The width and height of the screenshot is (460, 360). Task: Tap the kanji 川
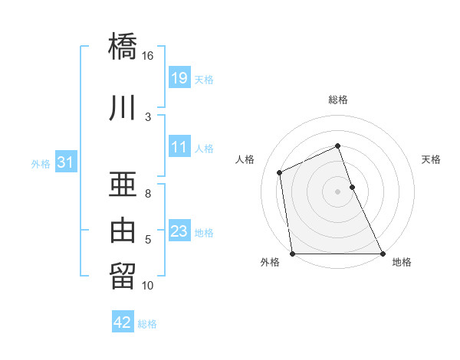123,108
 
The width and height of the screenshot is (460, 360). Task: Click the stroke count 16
147,56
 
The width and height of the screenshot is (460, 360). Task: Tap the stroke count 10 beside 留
147,286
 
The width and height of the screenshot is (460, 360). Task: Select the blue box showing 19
179,77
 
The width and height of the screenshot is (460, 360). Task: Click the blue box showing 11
179,147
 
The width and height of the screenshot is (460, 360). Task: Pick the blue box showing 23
179,231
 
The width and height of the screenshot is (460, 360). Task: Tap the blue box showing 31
65,162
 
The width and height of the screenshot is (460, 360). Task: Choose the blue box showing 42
123,322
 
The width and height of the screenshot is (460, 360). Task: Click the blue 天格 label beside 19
204,79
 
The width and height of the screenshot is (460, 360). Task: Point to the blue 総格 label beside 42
147,324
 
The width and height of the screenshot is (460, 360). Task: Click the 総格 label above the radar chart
338,100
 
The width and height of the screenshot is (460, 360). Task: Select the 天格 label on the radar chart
432,159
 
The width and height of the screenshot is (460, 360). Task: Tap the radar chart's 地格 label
402,263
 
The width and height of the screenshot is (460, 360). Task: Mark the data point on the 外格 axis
292,254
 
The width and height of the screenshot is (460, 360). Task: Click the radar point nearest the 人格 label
280,172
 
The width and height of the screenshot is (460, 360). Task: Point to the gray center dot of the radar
337,191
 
